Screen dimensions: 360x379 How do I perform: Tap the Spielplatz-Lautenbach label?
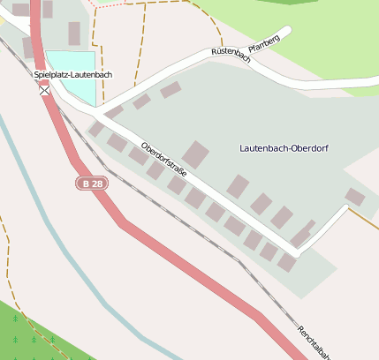coord(73,75)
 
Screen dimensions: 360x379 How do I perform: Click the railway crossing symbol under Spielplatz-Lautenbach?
coord(44,89)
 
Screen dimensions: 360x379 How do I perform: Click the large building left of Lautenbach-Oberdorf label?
coord(195,154)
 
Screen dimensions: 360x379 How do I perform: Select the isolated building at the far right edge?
coord(354,197)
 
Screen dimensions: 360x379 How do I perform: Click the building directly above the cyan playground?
coord(74,34)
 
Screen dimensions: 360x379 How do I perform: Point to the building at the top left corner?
coord(19,9)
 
